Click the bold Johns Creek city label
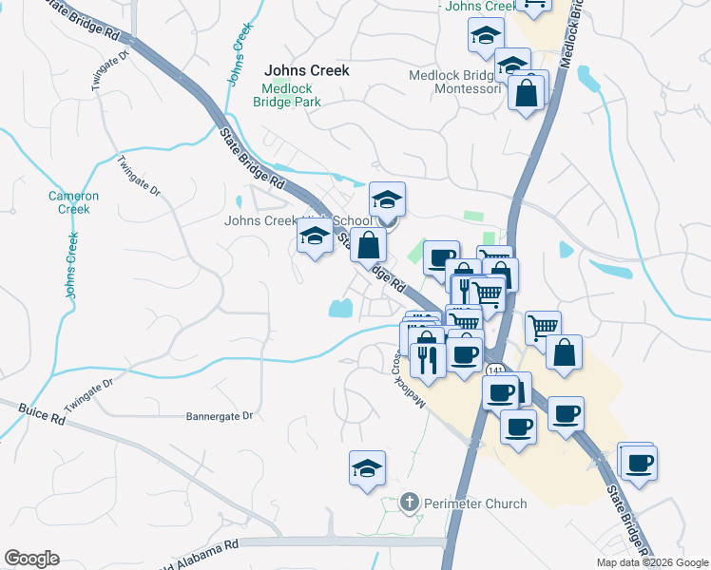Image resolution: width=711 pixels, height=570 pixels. pos(306,70)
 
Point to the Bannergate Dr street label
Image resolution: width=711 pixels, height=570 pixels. pos(220,416)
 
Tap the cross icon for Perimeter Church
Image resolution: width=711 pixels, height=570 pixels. pos(410,501)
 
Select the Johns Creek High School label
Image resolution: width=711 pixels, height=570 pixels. pos(298,221)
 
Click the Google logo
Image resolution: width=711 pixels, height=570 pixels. pos(31,559)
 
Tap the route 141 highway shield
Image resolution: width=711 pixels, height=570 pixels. pos(493,369)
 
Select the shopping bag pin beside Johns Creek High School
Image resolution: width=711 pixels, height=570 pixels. pos(369,244)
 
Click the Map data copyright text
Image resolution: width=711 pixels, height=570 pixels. pos(652,562)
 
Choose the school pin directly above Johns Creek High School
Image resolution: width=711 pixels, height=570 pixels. pos(387,199)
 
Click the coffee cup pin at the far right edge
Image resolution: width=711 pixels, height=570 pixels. pos(640,464)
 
